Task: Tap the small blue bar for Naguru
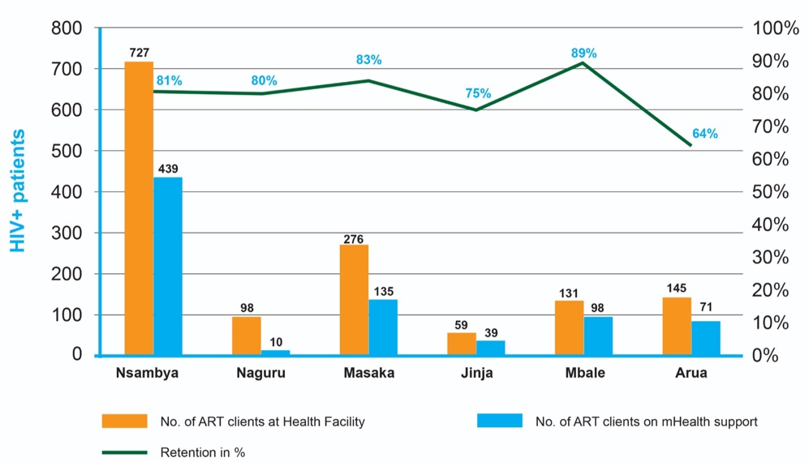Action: tap(275, 353)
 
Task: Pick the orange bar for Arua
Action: tap(677, 327)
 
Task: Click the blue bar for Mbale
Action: tap(598, 336)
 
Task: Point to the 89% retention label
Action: tap(583, 53)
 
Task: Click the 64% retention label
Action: tap(704, 134)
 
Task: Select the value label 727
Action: tap(139, 53)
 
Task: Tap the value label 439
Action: tap(167, 169)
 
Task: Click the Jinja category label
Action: tap(476, 374)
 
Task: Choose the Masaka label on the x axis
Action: tap(368, 374)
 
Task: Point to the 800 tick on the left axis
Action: tap(67, 28)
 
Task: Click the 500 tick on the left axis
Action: tap(67, 152)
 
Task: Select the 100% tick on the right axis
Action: tap(777, 28)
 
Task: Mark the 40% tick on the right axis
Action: tap(777, 225)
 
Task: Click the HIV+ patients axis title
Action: tap(18, 191)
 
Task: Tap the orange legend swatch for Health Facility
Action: tap(124, 421)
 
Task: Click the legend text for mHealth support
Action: tap(646, 421)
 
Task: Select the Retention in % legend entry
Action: tap(203, 452)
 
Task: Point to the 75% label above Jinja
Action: tap(478, 94)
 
